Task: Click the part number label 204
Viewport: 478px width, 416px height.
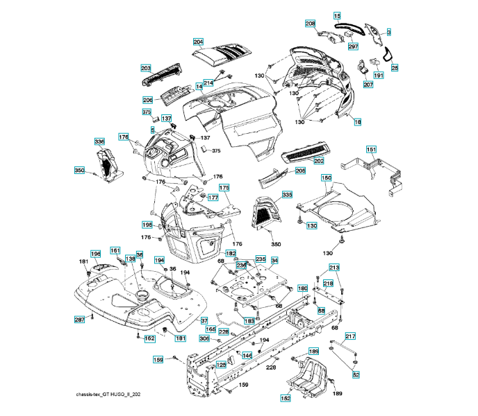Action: click(198, 42)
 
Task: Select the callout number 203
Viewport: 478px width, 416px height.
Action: click(145, 68)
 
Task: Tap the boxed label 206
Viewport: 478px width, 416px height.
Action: click(147, 100)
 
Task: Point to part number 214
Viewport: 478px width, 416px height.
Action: click(208, 83)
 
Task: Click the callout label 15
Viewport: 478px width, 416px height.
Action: click(337, 15)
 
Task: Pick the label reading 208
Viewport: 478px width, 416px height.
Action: click(310, 24)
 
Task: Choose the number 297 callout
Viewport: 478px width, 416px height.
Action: click(353, 46)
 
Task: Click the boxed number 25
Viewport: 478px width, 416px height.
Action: click(395, 68)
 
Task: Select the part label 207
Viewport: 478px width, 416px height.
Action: click(368, 85)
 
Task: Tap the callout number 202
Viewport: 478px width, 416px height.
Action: click(319, 161)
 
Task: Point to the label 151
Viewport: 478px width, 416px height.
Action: click(372, 150)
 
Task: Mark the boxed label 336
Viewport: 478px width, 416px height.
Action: click(100, 142)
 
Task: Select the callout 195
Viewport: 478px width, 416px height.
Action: click(147, 225)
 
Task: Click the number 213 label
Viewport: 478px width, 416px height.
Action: click(334, 268)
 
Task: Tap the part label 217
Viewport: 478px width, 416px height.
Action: click(350, 336)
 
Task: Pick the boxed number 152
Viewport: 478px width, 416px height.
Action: click(286, 398)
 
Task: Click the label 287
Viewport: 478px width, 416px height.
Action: click(80, 319)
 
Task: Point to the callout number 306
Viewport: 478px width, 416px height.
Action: click(204, 339)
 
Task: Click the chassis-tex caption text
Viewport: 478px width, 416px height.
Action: click(113, 394)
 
